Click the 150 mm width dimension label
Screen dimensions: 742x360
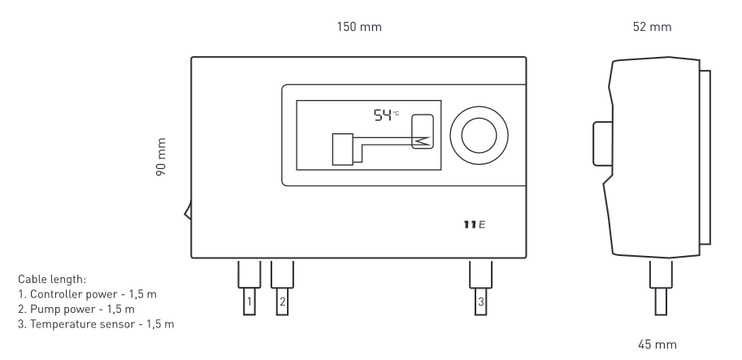coord(358,27)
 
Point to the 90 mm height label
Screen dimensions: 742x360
coord(162,157)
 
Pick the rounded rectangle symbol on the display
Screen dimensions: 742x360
coord(423,133)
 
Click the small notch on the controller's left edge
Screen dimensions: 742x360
coord(188,213)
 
